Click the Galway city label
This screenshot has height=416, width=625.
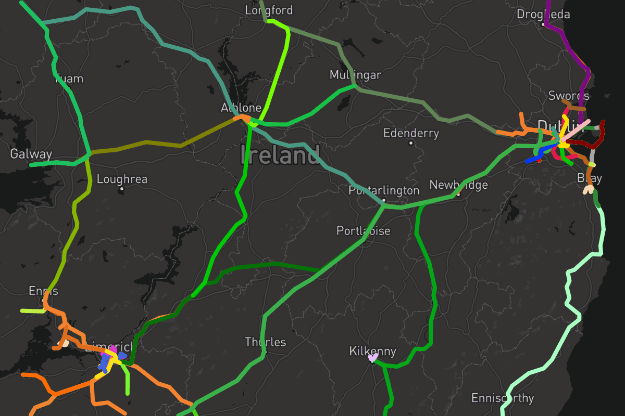[x=31, y=154]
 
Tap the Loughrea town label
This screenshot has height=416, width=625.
[x=122, y=179]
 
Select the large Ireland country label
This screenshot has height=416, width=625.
[x=281, y=155]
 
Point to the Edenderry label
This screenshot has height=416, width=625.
[x=411, y=133]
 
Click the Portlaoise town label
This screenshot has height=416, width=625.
[x=363, y=230]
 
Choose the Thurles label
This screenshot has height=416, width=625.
[x=266, y=342]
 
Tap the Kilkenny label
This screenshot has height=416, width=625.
[x=372, y=352]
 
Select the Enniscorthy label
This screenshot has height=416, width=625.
[x=503, y=398]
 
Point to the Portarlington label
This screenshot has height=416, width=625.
[x=384, y=190]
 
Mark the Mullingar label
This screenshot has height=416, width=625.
[x=355, y=75]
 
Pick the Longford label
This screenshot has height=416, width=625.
[x=269, y=10]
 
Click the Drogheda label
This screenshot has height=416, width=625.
[x=543, y=14]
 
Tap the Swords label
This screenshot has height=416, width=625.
[x=569, y=96]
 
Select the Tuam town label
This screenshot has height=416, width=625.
[x=69, y=79]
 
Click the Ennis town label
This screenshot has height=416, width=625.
[x=44, y=291]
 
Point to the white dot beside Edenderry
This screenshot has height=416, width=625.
[x=411, y=142]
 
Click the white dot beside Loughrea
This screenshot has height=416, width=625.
[x=122, y=189]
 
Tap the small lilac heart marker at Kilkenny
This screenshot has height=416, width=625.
[x=372, y=358]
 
